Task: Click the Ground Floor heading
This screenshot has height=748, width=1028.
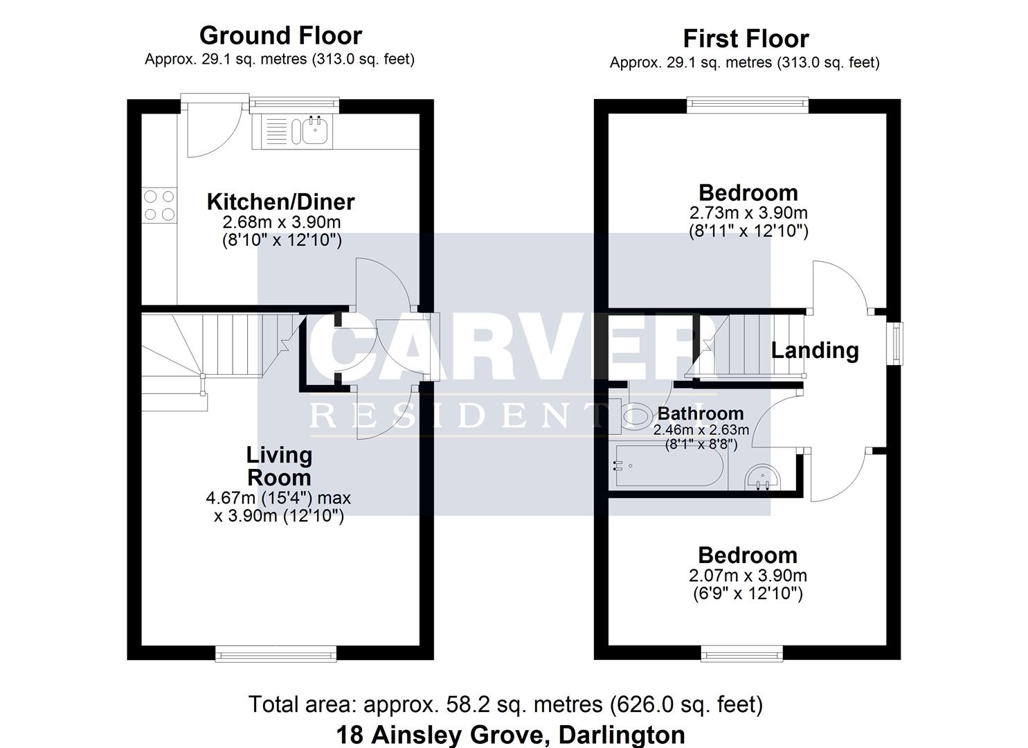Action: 280,36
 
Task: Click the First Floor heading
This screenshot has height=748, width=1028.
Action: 746,39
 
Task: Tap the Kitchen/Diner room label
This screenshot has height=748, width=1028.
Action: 281,202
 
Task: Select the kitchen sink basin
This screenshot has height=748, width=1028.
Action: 315,130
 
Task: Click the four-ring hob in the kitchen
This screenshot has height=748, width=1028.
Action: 159,205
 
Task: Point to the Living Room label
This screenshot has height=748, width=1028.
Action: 279,466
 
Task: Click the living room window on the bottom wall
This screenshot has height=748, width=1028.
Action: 276,653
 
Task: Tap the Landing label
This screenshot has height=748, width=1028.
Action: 815,350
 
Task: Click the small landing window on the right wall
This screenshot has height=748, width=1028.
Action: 894,344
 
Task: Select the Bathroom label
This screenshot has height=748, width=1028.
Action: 701,413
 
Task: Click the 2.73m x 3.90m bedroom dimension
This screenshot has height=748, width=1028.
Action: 748,213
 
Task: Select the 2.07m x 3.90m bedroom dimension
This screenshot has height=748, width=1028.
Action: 748,576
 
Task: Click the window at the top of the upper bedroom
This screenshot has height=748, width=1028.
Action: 748,105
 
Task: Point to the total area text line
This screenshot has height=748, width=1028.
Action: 506,705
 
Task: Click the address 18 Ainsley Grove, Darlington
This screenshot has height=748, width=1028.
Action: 510,735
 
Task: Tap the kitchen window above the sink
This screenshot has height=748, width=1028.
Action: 294,105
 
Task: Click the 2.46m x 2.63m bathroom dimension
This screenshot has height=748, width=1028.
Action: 701,430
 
